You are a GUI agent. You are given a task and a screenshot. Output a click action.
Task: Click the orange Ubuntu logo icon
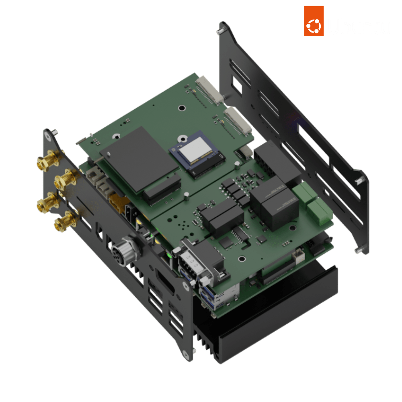coord(314,21)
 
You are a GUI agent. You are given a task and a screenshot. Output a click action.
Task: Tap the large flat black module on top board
coord(139,159)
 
